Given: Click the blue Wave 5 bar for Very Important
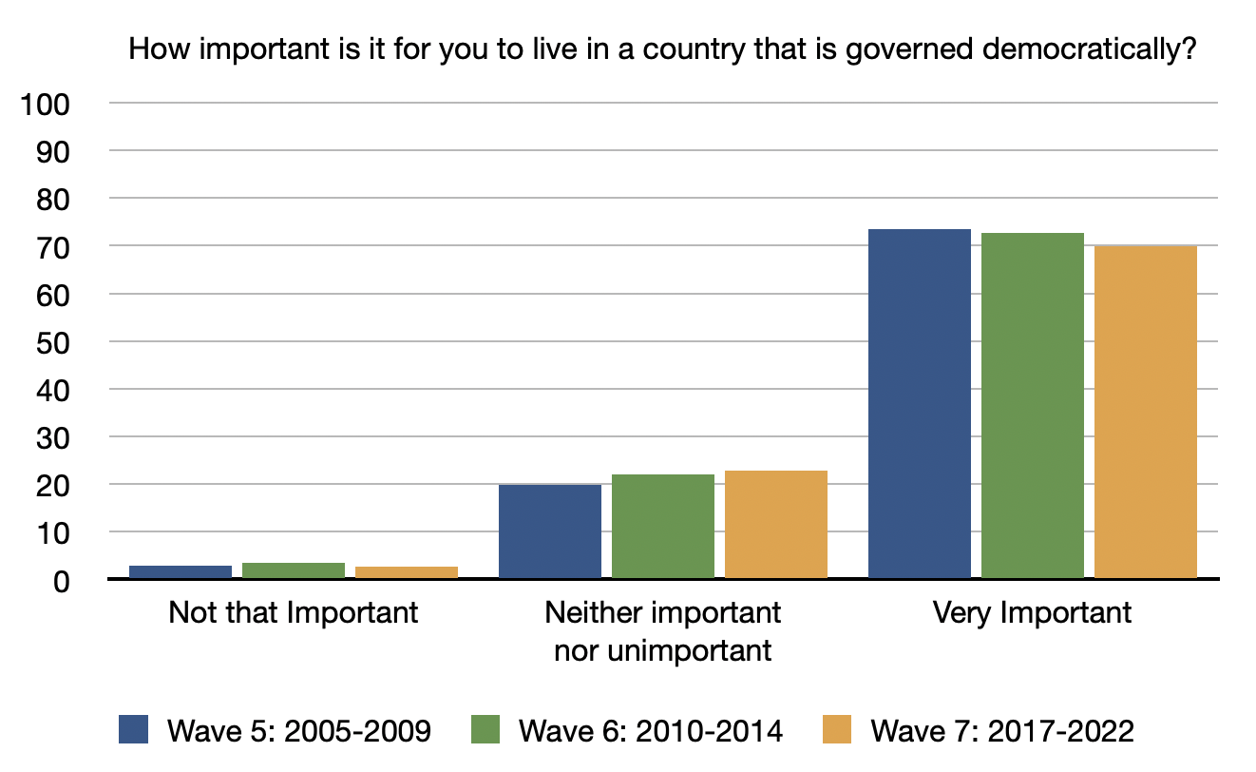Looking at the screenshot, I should pyautogui.click(x=920, y=404).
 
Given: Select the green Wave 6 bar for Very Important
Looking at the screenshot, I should pyautogui.click(x=1033, y=406).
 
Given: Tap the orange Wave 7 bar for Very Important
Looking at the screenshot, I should pyautogui.click(x=1146, y=413).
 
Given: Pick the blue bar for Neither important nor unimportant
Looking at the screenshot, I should pyautogui.click(x=550, y=531).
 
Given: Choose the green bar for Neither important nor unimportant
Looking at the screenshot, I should pyautogui.click(x=663, y=527).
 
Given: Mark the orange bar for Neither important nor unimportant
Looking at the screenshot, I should pyautogui.click(x=776, y=525).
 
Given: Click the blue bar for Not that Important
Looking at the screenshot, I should pyautogui.click(x=181, y=572).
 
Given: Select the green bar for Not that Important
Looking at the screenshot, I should pyautogui.click(x=294, y=570).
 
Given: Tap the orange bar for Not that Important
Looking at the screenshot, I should pyautogui.click(x=407, y=572).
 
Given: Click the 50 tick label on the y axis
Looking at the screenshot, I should pyautogui.click(x=52, y=342).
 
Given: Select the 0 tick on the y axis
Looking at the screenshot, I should pyautogui.click(x=61, y=581).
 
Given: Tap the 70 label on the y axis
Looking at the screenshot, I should pyautogui.click(x=52, y=247).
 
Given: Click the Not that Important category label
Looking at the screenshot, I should pyautogui.click(x=293, y=612).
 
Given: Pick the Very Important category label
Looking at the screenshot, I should pyautogui.click(x=1032, y=612).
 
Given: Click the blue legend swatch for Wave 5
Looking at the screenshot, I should pyautogui.click(x=136, y=730).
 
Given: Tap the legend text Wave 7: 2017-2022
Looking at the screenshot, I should pyautogui.click(x=1001, y=731).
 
